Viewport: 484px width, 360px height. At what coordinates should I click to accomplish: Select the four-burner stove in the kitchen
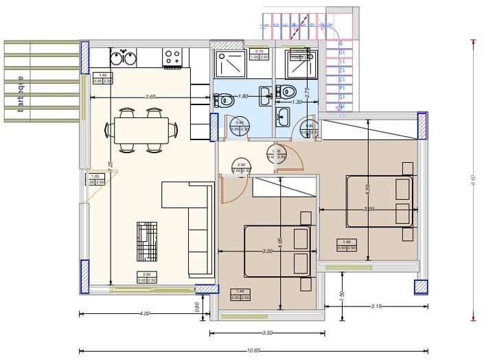pos(172,56)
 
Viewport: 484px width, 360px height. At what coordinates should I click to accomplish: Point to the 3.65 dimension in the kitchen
pos(150,97)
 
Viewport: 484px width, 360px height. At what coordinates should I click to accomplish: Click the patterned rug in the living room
pos(147,241)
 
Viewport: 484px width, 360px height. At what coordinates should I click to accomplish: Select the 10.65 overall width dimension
pos(253,350)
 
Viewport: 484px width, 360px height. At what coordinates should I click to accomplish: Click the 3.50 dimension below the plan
pos(267,333)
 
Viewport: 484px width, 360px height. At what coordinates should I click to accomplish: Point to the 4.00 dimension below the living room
pos(144,313)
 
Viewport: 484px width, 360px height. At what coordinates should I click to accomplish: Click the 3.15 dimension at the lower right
pos(376,305)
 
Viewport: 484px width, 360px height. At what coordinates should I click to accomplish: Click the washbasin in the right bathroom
pos(282,117)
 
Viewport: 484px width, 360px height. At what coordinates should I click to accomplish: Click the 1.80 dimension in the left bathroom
pos(242,97)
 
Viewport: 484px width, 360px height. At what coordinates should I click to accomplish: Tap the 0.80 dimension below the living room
pos(197,308)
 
